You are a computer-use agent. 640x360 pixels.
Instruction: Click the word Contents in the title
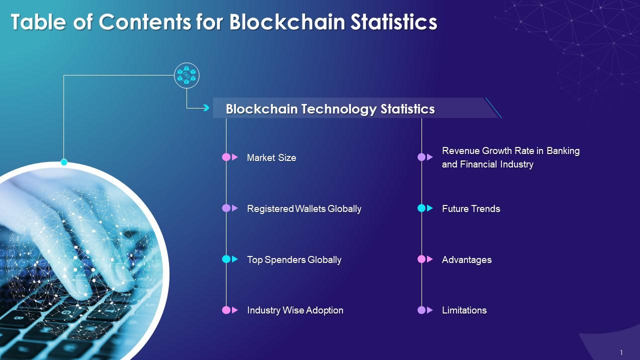coord(145,22)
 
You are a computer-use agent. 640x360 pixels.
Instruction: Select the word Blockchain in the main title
coord(287,22)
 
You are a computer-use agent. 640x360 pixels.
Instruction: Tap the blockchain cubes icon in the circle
coord(186,75)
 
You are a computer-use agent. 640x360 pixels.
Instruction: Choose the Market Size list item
coord(271,157)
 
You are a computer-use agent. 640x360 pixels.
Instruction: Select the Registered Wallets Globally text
coord(304,209)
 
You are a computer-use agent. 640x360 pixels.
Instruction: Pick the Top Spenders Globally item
coord(294,259)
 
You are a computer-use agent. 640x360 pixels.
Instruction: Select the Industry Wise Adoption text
coord(295,310)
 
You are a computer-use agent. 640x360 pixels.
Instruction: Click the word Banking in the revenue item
coord(563,151)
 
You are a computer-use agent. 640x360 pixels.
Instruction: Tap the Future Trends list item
coord(471,209)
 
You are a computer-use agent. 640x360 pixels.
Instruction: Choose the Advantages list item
coord(467,259)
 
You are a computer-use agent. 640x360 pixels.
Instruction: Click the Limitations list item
coord(464,310)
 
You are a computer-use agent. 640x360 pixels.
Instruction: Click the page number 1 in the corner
coord(621,352)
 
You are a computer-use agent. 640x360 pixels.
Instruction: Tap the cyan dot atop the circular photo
coord(64,162)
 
